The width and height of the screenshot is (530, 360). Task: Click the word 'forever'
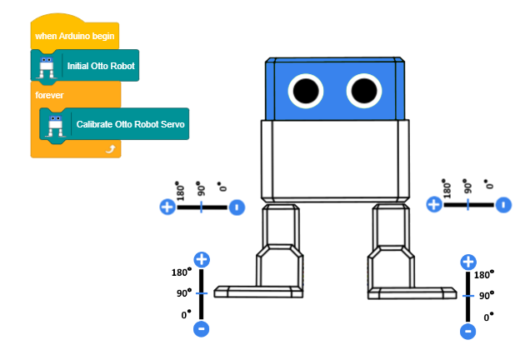(x=49, y=95)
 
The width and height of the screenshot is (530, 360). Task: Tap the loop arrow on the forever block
(x=109, y=147)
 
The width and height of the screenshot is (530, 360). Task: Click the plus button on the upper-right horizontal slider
(x=432, y=204)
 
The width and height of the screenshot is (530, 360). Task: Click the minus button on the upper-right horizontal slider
(x=502, y=204)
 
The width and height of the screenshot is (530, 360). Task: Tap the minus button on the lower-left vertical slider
(x=201, y=329)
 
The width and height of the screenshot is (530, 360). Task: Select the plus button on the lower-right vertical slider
(x=468, y=262)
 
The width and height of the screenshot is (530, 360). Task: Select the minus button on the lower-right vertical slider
(x=468, y=331)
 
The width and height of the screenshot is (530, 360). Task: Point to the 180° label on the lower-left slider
(x=181, y=272)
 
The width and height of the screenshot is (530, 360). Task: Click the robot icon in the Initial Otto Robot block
(x=46, y=65)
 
